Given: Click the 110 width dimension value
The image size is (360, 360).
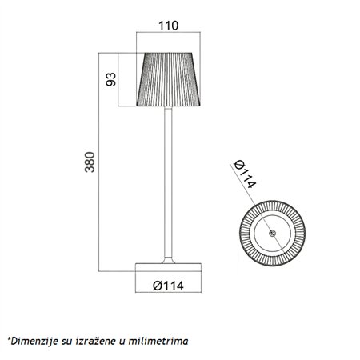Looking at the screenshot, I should point(168,25).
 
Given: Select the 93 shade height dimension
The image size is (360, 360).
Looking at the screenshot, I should point(112,80).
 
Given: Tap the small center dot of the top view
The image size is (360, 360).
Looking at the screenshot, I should point(271,234).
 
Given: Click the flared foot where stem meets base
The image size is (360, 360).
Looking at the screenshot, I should point(169,257).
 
